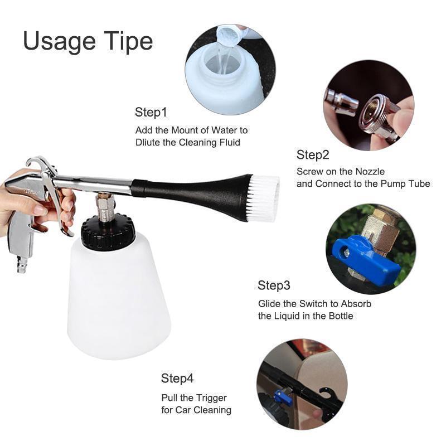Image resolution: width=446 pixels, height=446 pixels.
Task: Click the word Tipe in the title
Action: (128, 41)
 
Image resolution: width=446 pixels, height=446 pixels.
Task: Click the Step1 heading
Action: (151, 112)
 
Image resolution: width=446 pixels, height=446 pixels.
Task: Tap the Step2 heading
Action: (313, 155)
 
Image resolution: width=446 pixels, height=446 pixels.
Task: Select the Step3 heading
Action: (274, 285)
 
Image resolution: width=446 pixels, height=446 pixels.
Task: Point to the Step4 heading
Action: (177, 379)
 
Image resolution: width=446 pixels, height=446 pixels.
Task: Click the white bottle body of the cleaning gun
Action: (119, 296)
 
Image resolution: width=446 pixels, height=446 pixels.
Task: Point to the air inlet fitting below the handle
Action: (22, 264)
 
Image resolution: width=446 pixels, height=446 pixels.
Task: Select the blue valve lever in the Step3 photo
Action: (363, 259)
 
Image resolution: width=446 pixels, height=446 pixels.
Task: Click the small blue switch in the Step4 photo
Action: (283, 396)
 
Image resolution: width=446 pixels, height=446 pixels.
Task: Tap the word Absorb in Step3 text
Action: (356, 304)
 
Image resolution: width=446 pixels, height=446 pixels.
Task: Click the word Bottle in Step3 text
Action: (341, 316)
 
